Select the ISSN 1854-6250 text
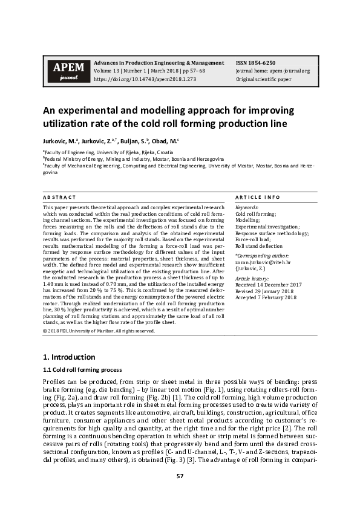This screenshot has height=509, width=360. point(255,63)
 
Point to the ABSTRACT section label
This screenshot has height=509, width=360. point(59,198)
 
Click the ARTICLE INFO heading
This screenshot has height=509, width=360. point(257,198)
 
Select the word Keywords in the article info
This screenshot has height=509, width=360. point(246,207)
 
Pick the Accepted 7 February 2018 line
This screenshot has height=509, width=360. point(266,297)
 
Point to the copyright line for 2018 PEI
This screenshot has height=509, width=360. point(99,331)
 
